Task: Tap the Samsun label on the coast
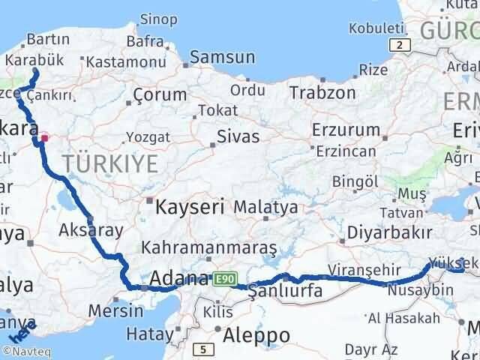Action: tap(223, 57)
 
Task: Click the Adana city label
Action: tap(179, 279)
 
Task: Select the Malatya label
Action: tap(265, 206)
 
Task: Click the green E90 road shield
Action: tap(222, 278)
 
